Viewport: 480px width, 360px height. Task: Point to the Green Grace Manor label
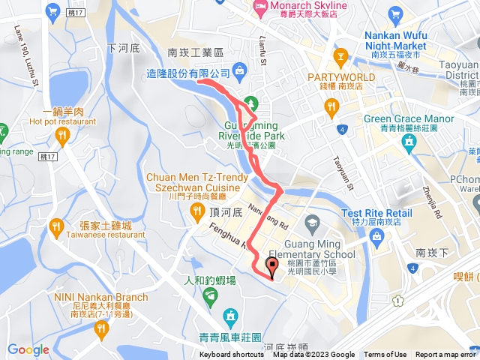coord(409,118)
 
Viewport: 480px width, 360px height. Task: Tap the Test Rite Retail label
coord(377,213)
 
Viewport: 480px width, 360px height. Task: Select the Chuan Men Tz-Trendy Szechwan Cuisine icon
coord(196,209)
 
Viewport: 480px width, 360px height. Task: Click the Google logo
coord(28,349)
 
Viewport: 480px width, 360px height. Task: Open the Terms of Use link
coord(385,355)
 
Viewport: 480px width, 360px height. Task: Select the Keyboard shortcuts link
coord(232,355)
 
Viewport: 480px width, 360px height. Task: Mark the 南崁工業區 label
coord(196,52)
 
